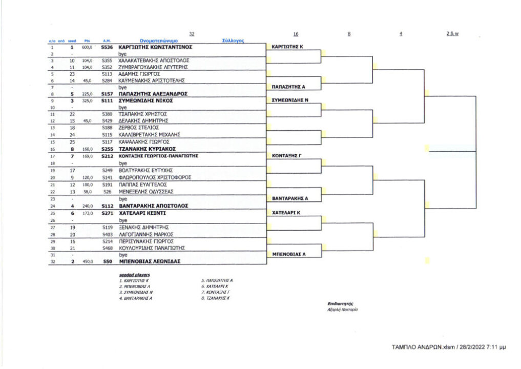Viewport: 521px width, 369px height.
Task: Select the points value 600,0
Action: tap(87, 47)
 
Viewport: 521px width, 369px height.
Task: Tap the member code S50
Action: tap(107, 261)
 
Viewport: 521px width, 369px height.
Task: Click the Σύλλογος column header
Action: tap(233, 40)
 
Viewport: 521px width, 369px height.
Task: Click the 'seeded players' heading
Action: tap(132, 275)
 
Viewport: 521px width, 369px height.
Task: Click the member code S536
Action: tap(107, 47)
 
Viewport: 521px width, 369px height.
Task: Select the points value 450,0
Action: tap(87, 261)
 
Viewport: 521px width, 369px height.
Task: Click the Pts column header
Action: tap(87, 40)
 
